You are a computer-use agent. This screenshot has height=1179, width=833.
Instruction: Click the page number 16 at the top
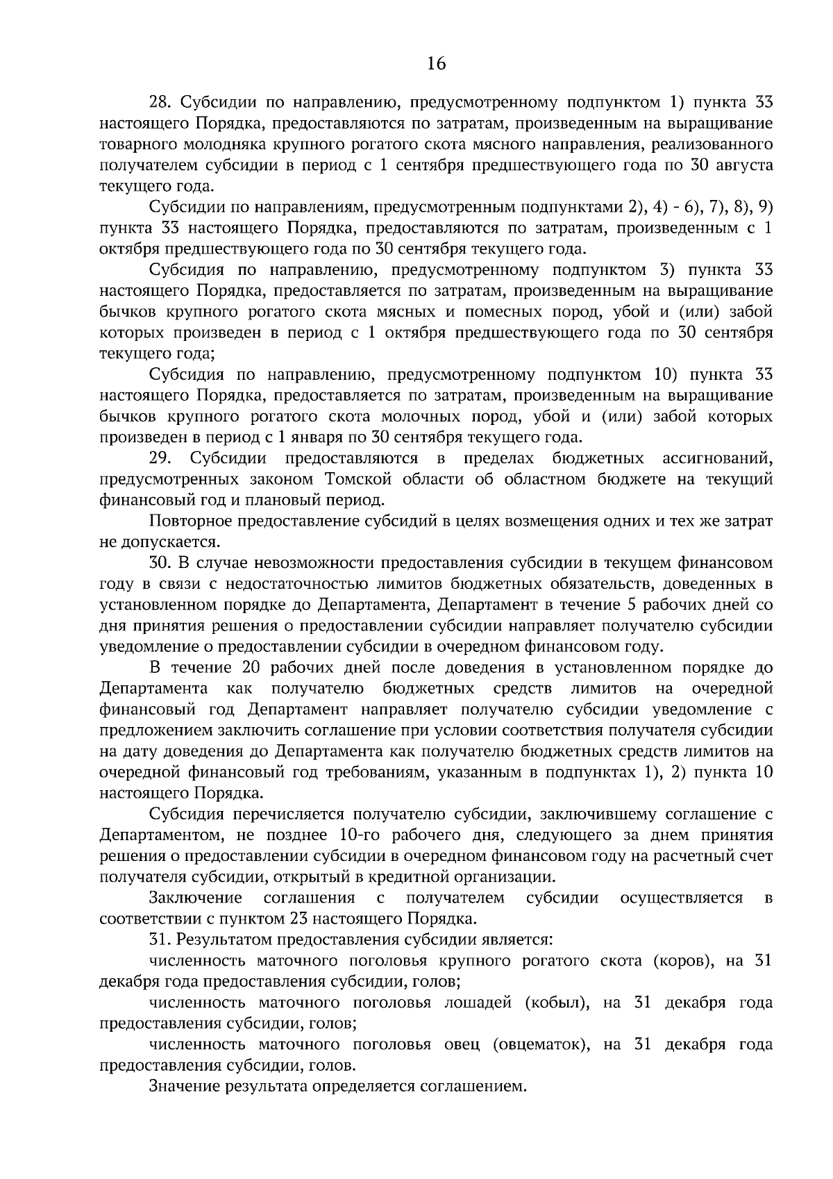click(x=436, y=64)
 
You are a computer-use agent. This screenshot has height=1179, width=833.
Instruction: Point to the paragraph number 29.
click(x=160, y=458)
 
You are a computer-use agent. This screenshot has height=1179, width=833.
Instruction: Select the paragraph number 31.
click(x=160, y=939)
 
